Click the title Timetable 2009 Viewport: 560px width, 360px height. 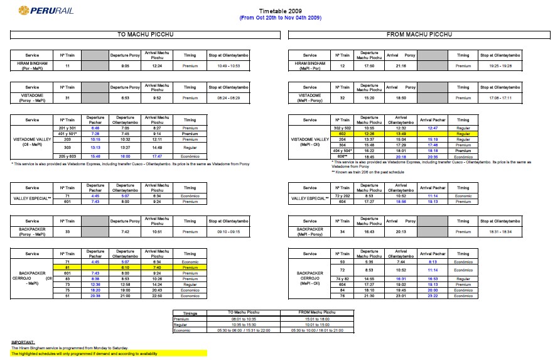pyautogui.click(x=280, y=11)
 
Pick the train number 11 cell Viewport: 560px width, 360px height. pyautogui.click(x=67, y=65)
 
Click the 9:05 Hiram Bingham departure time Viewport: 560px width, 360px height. pyautogui.click(x=124, y=65)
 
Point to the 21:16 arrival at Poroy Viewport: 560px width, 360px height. pyautogui.click(x=401, y=65)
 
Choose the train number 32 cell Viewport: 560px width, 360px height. pyautogui.click(x=343, y=97)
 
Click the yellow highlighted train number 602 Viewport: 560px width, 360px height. pyautogui.click(x=343, y=133)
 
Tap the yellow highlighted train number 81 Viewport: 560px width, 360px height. pyautogui.click(x=67, y=266)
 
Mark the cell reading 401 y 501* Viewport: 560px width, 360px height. pyautogui.click(x=67, y=133)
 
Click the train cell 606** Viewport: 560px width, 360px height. pyautogui.click(x=343, y=156)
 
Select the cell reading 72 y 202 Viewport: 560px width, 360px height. pyautogui.click(x=343, y=195)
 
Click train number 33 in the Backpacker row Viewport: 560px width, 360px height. pyautogui.click(x=67, y=231)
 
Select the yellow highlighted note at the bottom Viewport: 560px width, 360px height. pyautogui.click(x=83, y=354)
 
